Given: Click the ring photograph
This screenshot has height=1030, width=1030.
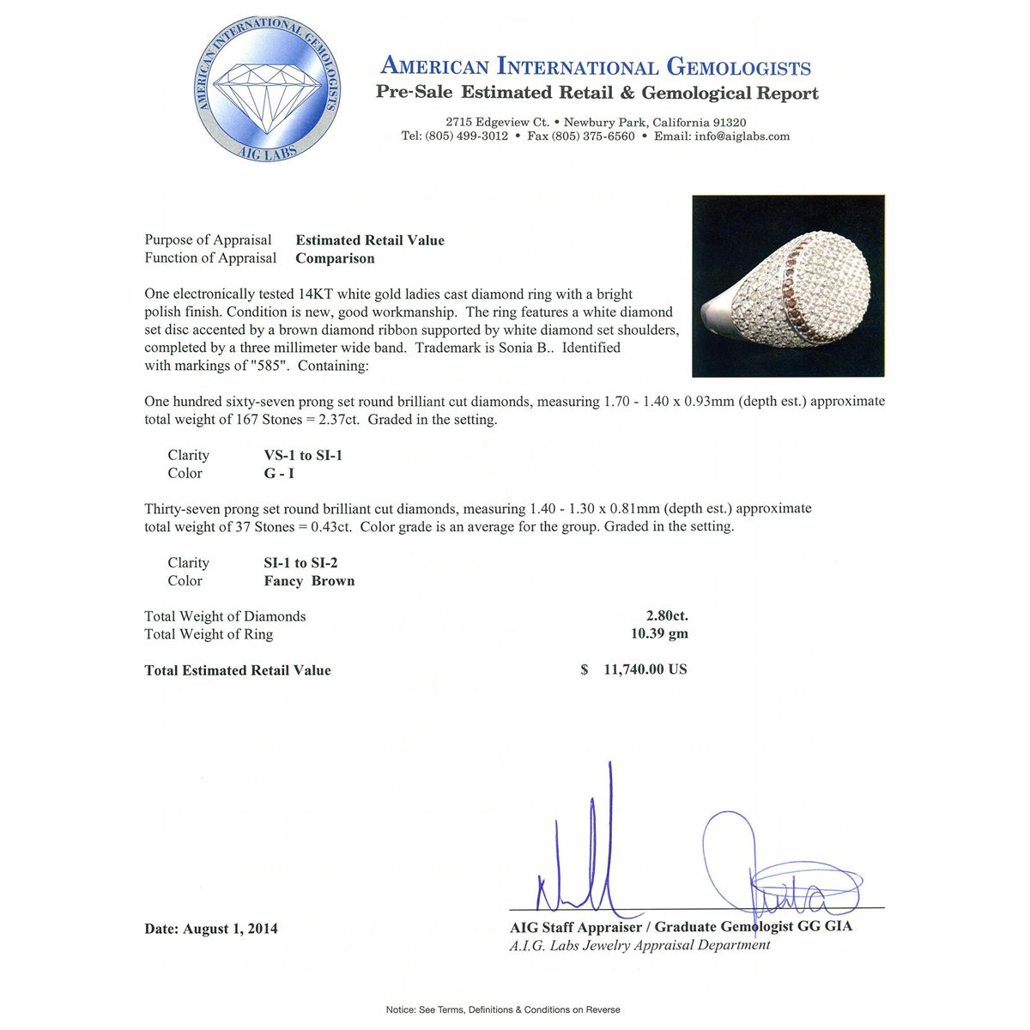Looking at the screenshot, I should coord(788,287).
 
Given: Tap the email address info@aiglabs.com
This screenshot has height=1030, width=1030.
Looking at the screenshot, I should coord(744,136).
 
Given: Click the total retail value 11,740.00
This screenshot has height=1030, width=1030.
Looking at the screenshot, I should coord(645,669).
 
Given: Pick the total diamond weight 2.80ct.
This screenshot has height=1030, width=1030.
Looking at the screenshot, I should coord(667,615).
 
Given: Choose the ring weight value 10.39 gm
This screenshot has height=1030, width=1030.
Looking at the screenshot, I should coord(659,634).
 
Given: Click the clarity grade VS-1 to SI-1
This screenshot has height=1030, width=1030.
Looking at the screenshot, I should coord(303,456).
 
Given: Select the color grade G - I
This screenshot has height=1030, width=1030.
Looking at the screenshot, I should coord(280,474).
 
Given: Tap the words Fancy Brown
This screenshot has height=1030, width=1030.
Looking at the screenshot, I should coord(309,581).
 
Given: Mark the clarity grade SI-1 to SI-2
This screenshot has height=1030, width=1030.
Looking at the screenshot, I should coord(300,563).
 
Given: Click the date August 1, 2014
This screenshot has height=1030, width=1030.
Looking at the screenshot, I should coord(230,929).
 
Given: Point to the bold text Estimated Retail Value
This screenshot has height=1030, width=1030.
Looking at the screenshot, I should coord(370,240).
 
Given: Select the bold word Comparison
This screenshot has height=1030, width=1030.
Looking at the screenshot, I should coord(335,258).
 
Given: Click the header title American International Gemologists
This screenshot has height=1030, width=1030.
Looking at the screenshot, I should coord(595,66).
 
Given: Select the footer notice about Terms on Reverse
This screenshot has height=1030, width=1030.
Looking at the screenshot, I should coord(503,1009).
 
